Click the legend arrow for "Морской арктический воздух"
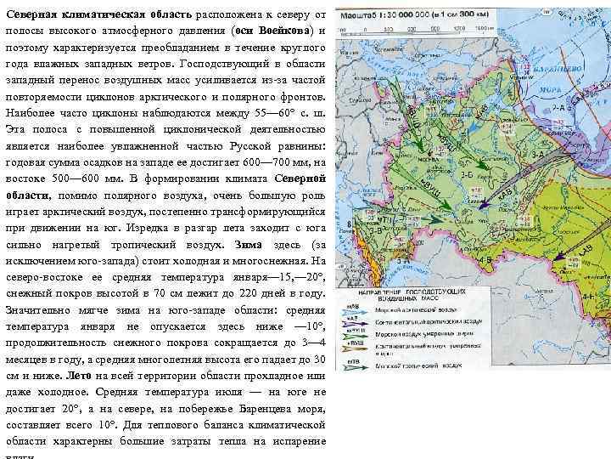(356, 312)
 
